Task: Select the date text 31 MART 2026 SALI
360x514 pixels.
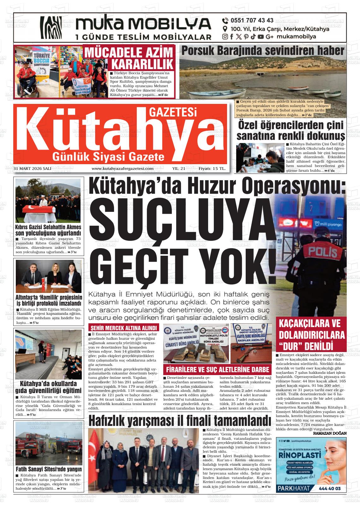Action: click(33, 169)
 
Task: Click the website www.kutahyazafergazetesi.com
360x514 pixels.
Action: click(123, 169)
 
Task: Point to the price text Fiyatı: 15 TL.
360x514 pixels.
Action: click(212, 169)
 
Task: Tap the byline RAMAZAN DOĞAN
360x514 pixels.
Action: click(330, 433)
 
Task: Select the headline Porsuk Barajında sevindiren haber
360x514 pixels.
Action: click(263, 51)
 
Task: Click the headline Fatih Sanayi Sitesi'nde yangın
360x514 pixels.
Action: click(49, 469)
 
